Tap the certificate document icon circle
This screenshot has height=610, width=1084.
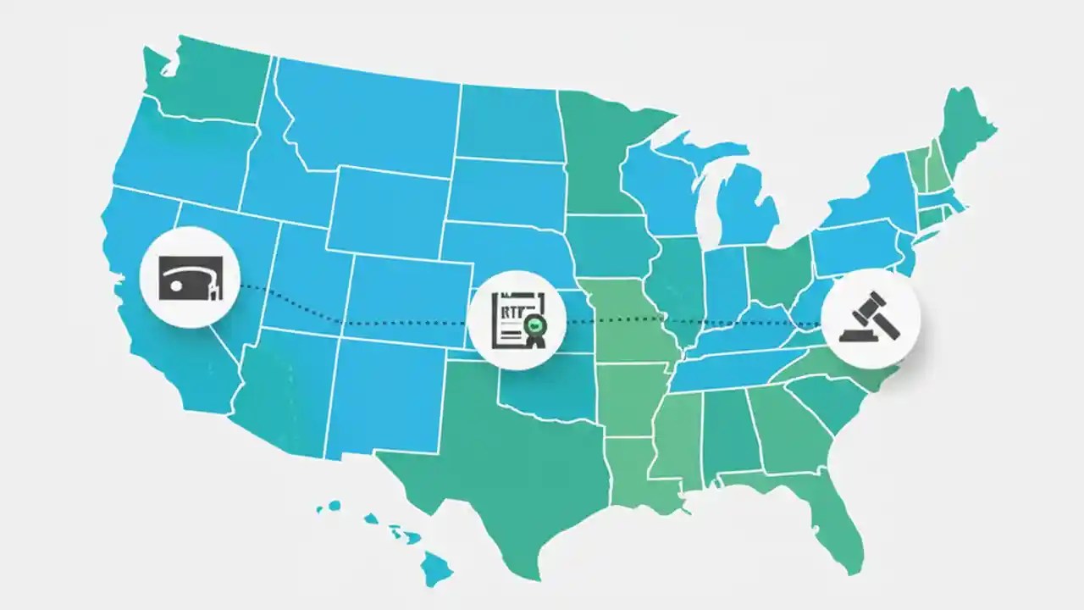pos(517,320)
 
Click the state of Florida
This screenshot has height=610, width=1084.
pos(834,517)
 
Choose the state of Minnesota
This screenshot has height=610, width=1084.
pos(597,152)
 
